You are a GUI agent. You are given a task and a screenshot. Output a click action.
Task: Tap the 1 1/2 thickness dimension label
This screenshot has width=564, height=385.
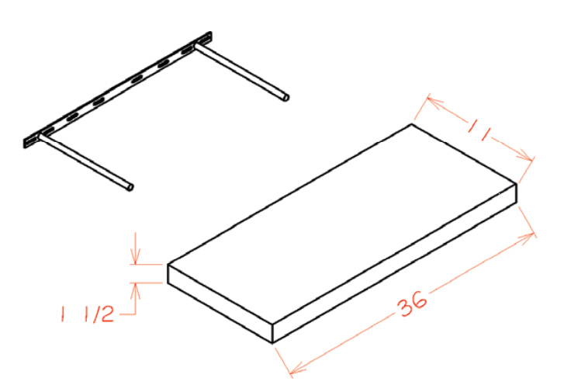[87, 314]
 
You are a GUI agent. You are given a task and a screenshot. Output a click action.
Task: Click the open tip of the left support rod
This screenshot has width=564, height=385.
[130, 187]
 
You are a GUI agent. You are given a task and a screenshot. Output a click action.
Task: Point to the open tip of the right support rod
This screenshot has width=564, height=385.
[286, 97]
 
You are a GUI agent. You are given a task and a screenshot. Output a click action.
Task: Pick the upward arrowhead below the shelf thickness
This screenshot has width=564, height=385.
[135, 290]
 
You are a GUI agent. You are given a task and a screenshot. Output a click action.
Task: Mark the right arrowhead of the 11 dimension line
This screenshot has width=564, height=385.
[524, 156]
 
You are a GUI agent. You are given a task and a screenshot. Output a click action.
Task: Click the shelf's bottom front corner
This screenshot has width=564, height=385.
[272, 342]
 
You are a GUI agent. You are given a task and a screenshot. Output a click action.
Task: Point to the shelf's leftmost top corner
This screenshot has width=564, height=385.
[168, 265]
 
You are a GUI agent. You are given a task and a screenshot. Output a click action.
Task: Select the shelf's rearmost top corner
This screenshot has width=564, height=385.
[412, 124]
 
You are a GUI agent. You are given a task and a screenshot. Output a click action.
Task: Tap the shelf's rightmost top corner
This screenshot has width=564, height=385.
[517, 184]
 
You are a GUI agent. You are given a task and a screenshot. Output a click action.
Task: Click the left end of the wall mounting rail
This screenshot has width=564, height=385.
[25, 143]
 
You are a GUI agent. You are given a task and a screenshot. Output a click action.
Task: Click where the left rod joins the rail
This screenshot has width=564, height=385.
[41, 136]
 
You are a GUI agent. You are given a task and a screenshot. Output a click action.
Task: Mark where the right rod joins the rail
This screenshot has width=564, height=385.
[197, 46]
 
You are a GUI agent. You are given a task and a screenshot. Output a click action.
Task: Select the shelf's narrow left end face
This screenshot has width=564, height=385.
[220, 303]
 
